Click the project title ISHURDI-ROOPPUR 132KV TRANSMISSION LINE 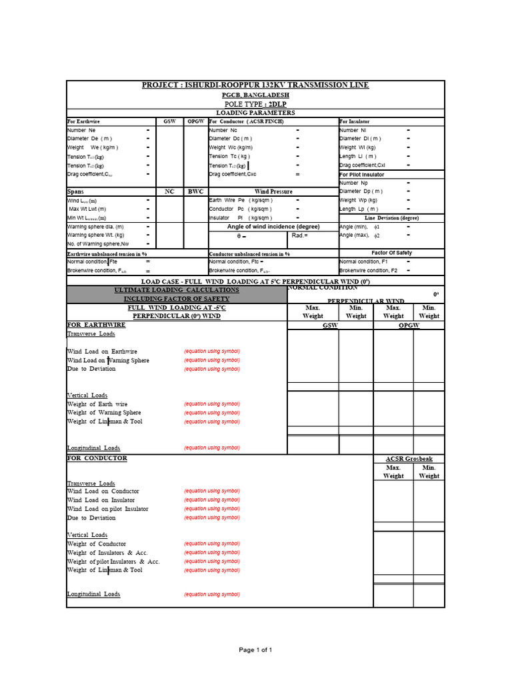(x=255, y=85)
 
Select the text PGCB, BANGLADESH (x=255, y=95)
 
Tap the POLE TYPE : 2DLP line (x=255, y=105)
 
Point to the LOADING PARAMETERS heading (x=255, y=113)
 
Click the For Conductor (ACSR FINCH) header (x=247, y=122)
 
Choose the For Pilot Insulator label (x=362, y=175)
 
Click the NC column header (x=169, y=191)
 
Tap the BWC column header (x=195, y=191)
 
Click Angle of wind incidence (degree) (x=273, y=227)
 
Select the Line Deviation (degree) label (x=391, y=218)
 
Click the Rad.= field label (x=300, y=235)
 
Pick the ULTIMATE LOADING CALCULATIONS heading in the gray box (x=176, y=290)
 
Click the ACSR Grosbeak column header (x=409, y=460)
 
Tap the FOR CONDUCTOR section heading (x=97, y=459)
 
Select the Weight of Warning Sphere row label (x=104, y=413)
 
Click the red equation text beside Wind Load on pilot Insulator (x=212, y=509)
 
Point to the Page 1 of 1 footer (x=256, y=650)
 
